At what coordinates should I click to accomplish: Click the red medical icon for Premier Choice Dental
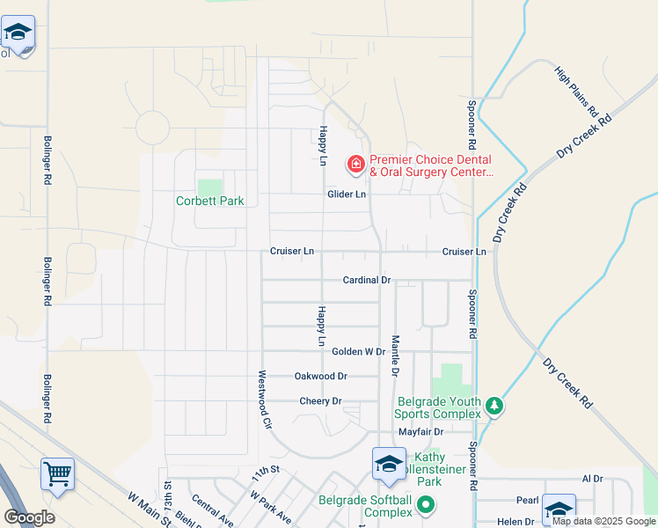pyautogui.click(x=356, y=164)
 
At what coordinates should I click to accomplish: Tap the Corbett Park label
pyautogui.click(x=209, y=201)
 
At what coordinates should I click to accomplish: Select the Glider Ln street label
pyautogui.click(x=346, y=194)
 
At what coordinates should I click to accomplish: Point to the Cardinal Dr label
pyautogui.click(x=366, y=280)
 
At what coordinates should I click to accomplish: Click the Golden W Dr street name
pyautogui.click(x=358, y=351)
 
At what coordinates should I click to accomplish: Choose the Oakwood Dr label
pyautogui.click(x=321, y=376)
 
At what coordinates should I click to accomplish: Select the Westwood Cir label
pyautogui.click(x=262, y=398)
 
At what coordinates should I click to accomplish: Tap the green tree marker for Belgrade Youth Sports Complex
pyautogui.click(x=494, y=406)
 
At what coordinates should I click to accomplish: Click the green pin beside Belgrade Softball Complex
pyautogui.click(x=426, y=504)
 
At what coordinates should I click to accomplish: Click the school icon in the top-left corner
pyautogui.click(x=18, y=33)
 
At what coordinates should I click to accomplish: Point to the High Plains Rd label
pyautogui.click(x=577, y=93)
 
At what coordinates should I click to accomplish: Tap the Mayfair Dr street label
pyautogui.click(x=420, y=432)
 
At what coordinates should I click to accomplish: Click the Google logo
pyautogui.click(x=29, y=517)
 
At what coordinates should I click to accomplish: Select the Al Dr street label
pyautogui.click(x=592, y=479)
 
